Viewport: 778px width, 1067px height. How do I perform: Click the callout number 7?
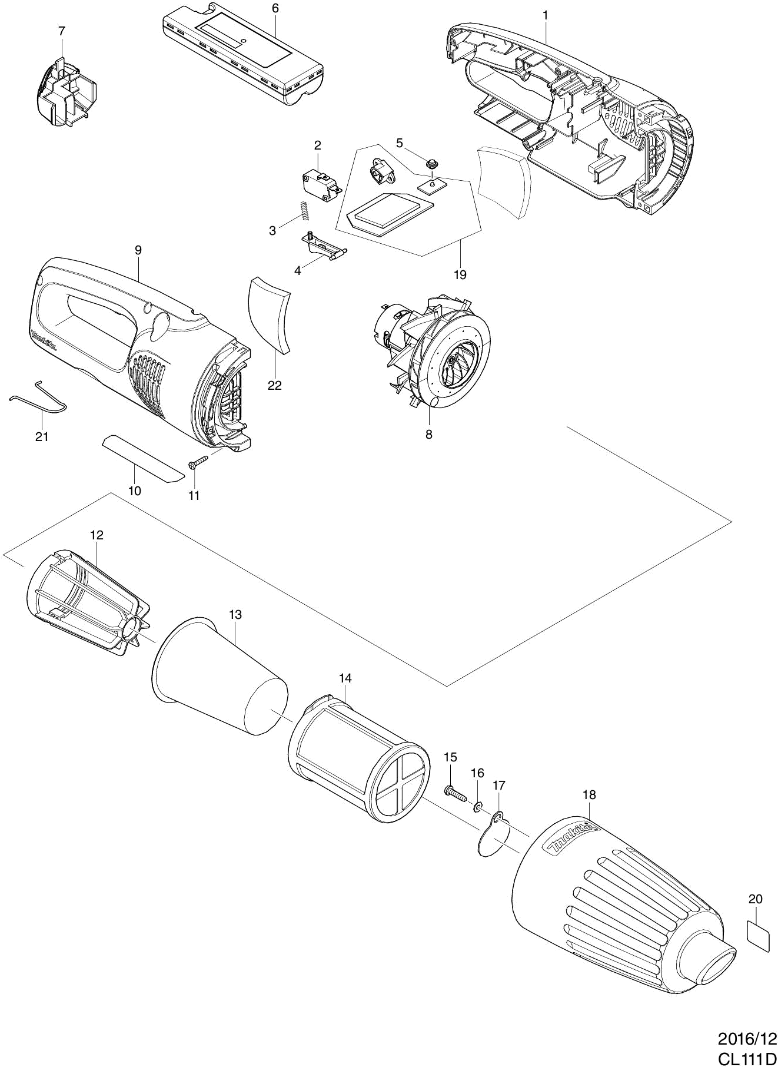pyautogui.click(x=62, y=32)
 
